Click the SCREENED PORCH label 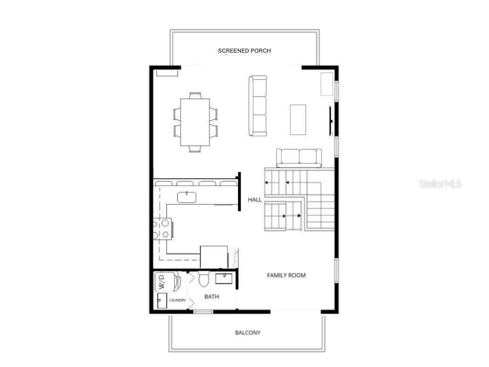point(244,51)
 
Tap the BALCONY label point(247,333)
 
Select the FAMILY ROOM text point(286,275)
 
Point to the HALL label point(255,199)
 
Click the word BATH point(211,297)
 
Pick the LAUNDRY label point(177,300)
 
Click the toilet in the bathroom point(204,279)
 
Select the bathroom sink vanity point(224,279)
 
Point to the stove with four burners point(161,229)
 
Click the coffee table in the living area point(298,120)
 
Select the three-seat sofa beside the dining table point(258,106)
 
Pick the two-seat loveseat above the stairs point(299,158)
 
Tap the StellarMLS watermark point(440,184)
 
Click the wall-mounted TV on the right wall point(331,121)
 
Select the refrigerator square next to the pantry point(214,257)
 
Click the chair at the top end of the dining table point(196,95)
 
